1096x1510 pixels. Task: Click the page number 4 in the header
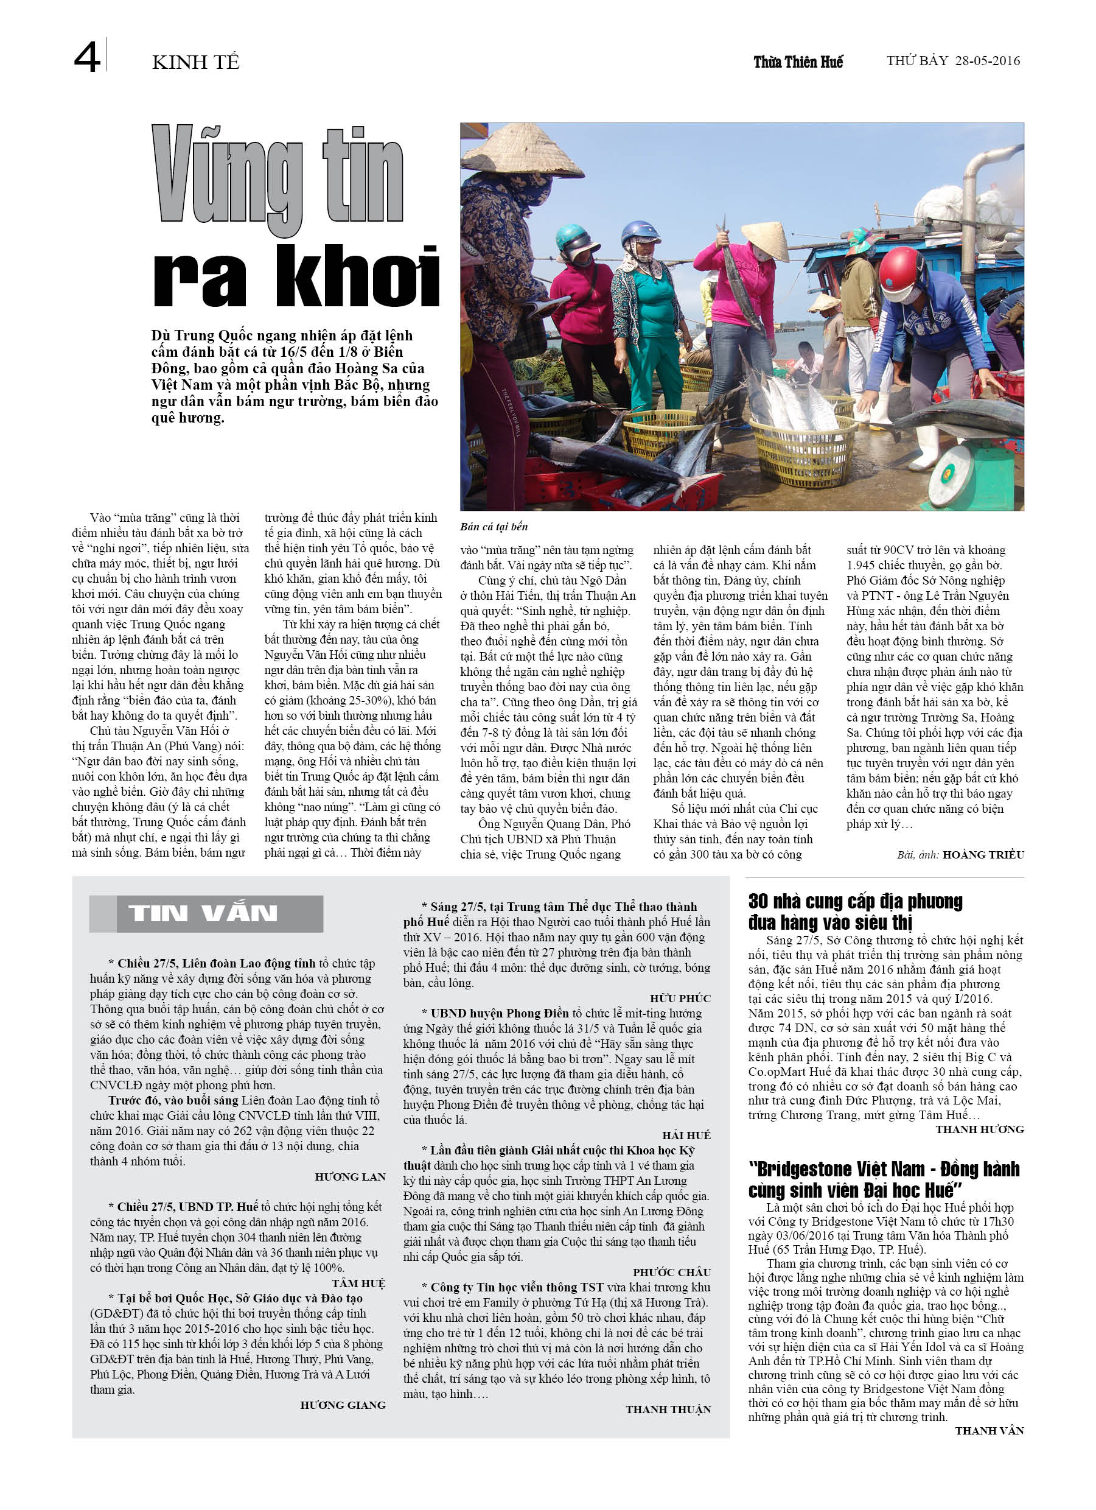click(x=86, y=58)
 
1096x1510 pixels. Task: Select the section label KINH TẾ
click(x=195, y=63)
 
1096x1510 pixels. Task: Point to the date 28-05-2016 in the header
click(x=987, y=61)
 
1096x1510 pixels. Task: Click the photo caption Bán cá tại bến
click(x=494, y=527)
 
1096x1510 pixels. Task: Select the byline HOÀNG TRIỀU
click(x=983, y=855)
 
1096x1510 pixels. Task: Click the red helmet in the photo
click(x=898, y=266)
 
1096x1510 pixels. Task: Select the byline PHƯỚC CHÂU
click(x=671, y=1273)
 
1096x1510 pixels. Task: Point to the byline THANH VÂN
click(x=989, y=1430)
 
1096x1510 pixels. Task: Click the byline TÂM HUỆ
click(x=358, y=1283)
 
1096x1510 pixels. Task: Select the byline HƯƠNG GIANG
click(x=343, y=1405)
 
